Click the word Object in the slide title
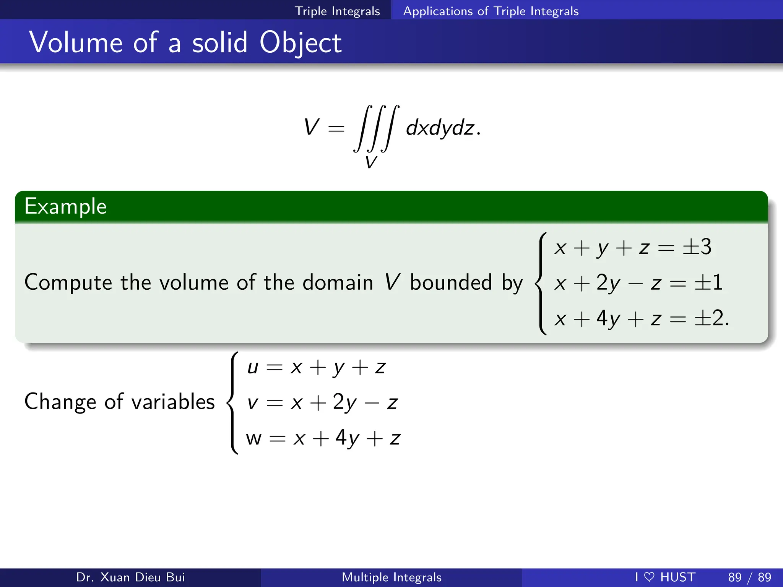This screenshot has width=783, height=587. [301, 43]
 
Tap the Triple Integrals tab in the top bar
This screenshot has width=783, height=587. [337, 11]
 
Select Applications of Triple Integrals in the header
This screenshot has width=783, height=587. [491, 11]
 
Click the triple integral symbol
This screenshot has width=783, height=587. [376, 128]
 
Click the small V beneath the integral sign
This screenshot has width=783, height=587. [370, 162]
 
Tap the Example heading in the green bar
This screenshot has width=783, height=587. [65, 207]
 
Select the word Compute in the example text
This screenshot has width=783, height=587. [68, 283]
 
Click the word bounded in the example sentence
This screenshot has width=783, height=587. [451, 283]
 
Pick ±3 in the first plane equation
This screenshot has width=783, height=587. [697, 247]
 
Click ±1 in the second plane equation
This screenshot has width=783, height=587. [708, 283]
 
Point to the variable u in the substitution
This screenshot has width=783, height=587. [253, 367]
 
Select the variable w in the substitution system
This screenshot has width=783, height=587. [253, 438]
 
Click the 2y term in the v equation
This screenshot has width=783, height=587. [344, 402]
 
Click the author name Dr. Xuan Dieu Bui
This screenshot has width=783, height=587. [130, 577]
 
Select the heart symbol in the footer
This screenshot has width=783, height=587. [649, 577]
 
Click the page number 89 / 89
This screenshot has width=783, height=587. [749, 577]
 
